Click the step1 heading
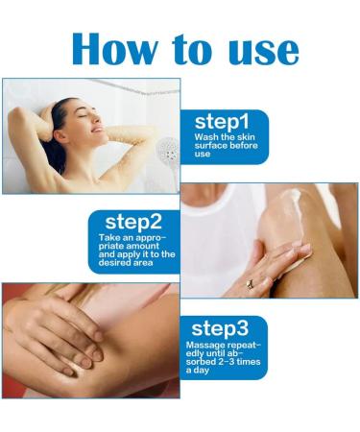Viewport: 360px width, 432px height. (222, 122)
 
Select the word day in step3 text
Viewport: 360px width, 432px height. (199, 369)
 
